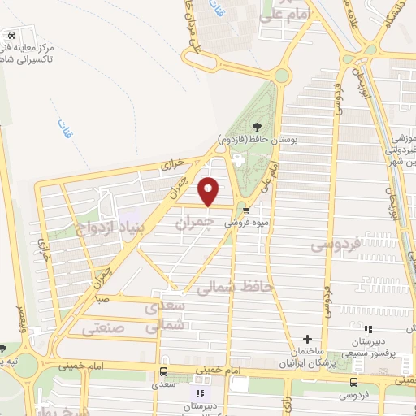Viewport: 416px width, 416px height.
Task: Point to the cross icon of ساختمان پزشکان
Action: pyautogui.click(x=307, y=339)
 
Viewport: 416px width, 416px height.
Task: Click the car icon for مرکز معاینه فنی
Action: pyautogui.click(x=11, y=37)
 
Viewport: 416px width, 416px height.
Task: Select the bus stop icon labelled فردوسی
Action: pyautogui.click(x=353, y=383)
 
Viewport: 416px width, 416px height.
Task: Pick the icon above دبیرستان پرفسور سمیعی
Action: pyautogui.click(x=367, y=330)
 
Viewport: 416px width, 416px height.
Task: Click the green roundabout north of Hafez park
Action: pyautogui.click(x=282, y=76)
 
